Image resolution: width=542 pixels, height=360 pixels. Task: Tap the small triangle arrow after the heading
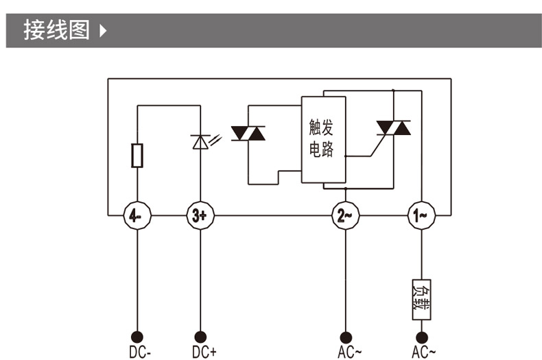pyautogui.click(x=104, y=32)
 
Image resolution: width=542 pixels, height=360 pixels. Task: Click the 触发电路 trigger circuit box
pyautogui.click(x=323, y=139)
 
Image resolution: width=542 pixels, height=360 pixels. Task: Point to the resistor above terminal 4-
pyautogui.click(x=137, y=156)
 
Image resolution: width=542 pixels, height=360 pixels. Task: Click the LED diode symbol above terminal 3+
pyautogui.click(x=200, y=142)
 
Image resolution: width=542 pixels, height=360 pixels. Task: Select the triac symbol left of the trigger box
pyautogui.click(x=248, y=133)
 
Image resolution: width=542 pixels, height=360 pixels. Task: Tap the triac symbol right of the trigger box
pyautogui.click(x=393, y=128)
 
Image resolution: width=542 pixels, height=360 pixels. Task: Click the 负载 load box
pyautogui.click(x=421, y=300)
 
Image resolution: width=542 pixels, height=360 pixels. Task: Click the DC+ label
pyautogui.click(x=204, y=352)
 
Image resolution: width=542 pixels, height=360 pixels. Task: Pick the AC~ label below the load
pyautogui.click(x=423, y=352)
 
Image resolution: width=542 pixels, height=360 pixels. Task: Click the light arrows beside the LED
pyautogui.click(x=216, y=139)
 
